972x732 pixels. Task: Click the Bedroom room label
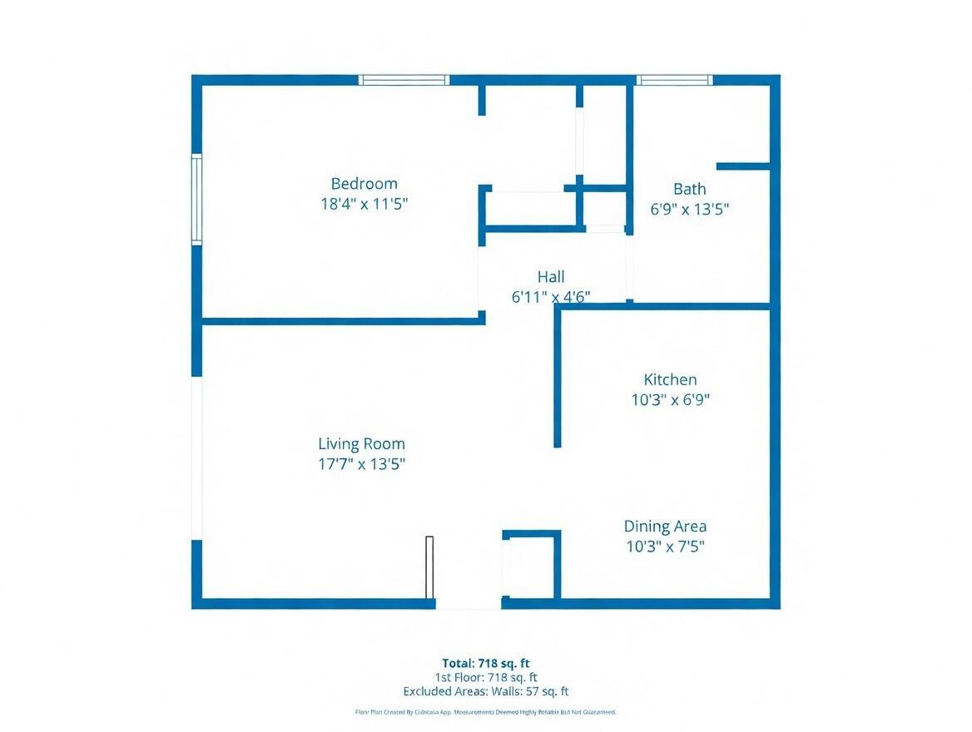pyautogui.click(x=364, y=184)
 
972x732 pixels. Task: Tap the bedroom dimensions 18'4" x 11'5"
pyautogui.click(x=364, y=204)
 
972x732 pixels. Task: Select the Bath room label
pyautogui.click(x=689, y=189)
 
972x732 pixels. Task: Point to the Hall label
pyautogui.click(x=550, y=277)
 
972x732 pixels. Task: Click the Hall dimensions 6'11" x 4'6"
pyautogui.click(x=550, y=297)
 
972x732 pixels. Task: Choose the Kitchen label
pyautogui.click(x=670, y=379)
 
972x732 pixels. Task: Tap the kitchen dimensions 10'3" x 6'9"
pyautogui.click(x=670, y=399)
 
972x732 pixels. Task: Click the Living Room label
pyautogui.click(x=361, y=444)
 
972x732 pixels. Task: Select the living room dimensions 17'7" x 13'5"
pyautogui.click(x=361, y=464)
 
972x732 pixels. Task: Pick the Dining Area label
pyautogui.click(x=665, y=527)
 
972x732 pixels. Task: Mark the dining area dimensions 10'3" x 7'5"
pyautogui.click(x=665, y=547)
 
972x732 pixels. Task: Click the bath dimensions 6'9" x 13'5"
pyautogui.click(x=689, y=209)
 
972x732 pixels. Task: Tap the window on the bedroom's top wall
pyautogui.click(x=404, y=81)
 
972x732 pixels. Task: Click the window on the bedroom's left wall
pyautogui.click(x=197, y=200)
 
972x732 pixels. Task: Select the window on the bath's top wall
pyautogui.click(x=674, y=81)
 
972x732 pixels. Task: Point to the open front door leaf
pyautogui.click(x=429, y=567)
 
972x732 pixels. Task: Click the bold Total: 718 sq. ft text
pyautogui.click(x=485, y=663)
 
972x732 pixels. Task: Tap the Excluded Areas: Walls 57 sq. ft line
pyautogui.click(x=485, y=691)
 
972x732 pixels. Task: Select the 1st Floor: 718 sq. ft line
pyautogui.click(x=485, y=677)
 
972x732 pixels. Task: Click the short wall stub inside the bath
pyautogui.click(x=742, y=166)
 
